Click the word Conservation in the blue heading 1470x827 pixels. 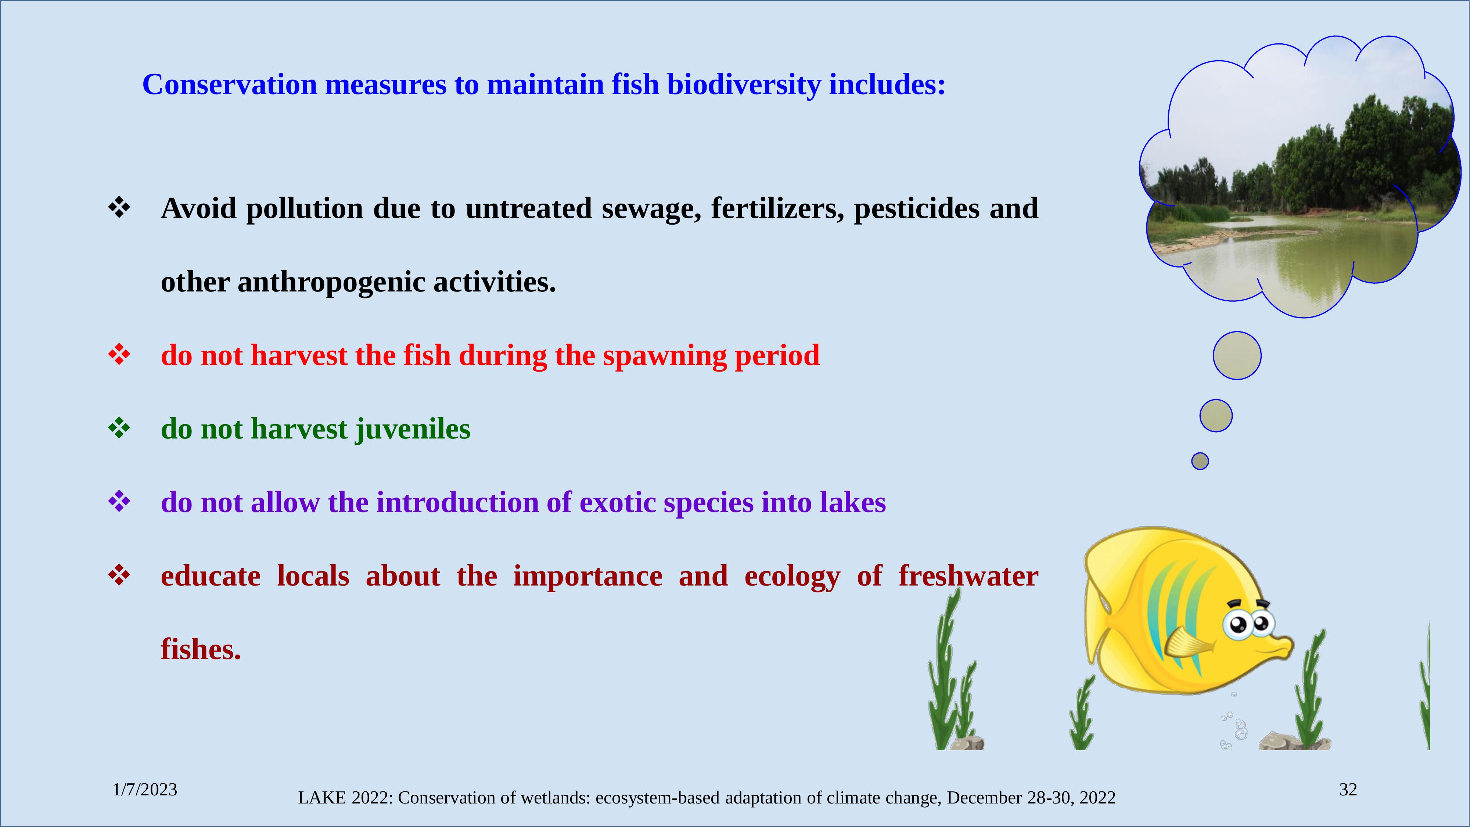click(x=229, y=85)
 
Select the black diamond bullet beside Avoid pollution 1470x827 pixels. click(x=119, y=208)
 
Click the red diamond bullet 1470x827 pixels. click(x=119, y=355)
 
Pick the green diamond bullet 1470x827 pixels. click(x=119, y=428)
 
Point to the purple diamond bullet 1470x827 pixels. click(x=119, y=502)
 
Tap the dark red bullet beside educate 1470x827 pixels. click(x=119, y=575)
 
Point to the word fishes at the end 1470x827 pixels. click(x=201, y=649)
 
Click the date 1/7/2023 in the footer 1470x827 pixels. click(x=145, y=790)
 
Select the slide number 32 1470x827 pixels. click(x=1348, y=790)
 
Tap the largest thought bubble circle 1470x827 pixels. click(x=1237, y=355)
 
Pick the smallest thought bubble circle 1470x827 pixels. click(x=1200, y=461)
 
